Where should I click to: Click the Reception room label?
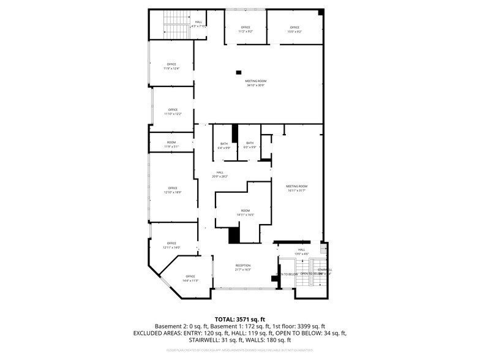pos(243,268)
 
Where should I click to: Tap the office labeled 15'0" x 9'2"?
pos(294,29)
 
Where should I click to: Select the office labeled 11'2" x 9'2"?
pos(246,29)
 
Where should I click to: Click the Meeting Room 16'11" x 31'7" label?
pos(296,188)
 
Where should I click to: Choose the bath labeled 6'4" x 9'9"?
pos(224,145)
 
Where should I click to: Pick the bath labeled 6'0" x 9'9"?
pos(250,145)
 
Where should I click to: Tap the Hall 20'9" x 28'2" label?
pos(219,174)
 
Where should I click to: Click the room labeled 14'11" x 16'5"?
pos(245,212)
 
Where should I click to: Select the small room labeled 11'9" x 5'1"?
pos(171,144)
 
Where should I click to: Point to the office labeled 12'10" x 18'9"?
pos(173,190)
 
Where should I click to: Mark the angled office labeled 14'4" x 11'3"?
pos(190,278)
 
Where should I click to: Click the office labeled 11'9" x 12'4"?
pos(171,66)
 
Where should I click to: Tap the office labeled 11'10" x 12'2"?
pos(171,112)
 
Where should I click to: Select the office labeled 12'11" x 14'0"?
pos(171,245)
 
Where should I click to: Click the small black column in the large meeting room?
pos(241,71)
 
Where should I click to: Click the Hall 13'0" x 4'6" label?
pos(301,251)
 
